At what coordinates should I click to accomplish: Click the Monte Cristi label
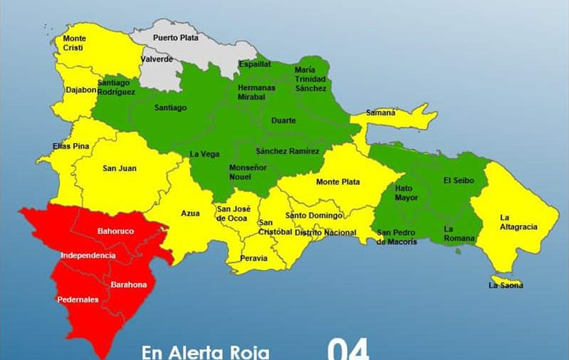(74, 43)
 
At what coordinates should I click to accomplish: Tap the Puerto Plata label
(175, 38)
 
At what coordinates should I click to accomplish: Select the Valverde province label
(156, 59)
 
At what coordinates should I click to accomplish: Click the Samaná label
(381, 113)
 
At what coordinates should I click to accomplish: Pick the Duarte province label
(283, 121)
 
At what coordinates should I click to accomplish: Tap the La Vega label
(204, 154)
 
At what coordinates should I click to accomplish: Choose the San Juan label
(119, 169)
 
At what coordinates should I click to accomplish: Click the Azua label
(191, 213)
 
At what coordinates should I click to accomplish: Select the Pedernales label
(78, 300)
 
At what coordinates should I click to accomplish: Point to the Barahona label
(129, 285)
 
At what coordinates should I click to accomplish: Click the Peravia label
(253, 258)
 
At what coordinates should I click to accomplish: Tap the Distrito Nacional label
(325, 233)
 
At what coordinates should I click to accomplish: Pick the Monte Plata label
(338, 181)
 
